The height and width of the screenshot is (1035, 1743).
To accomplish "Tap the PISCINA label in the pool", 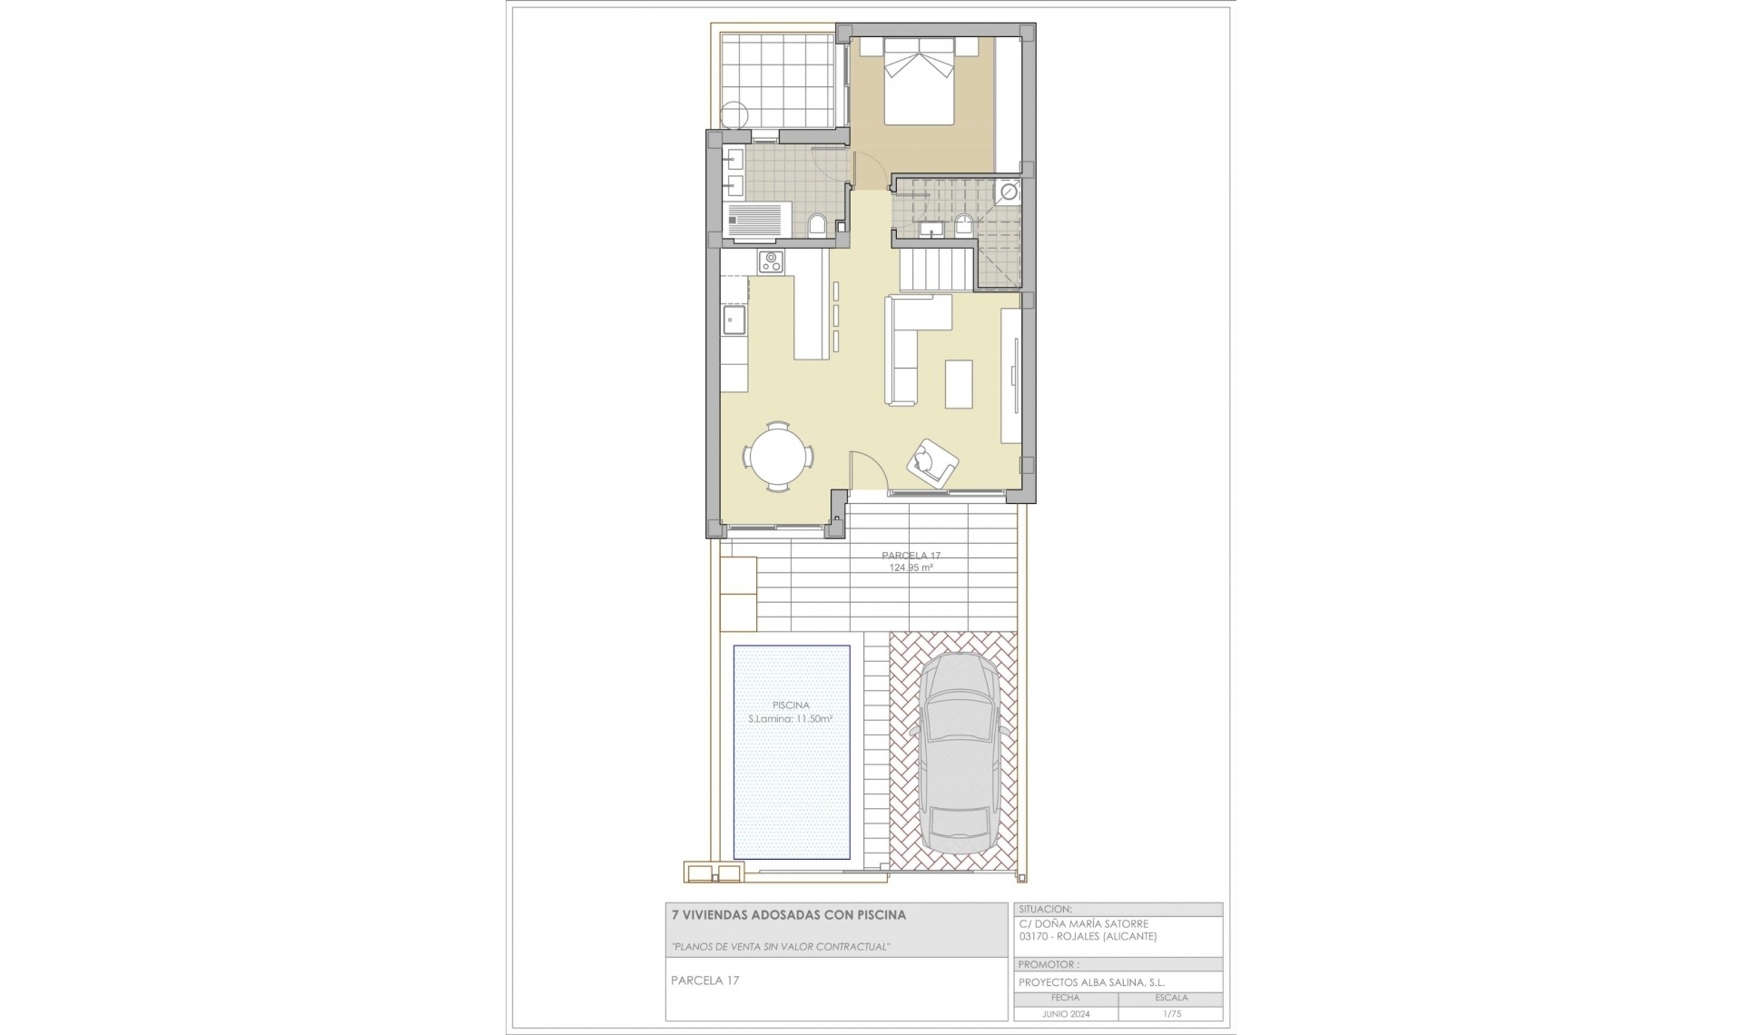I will click(x=791, y=705).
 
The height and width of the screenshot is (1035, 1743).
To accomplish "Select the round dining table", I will click(x=778, y=457).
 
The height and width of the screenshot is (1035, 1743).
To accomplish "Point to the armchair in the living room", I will click(x=932, y=462).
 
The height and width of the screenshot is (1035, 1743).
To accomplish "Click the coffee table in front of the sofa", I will click(x=959, y=384).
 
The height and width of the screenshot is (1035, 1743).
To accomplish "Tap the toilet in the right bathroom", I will click(x=964, y=225).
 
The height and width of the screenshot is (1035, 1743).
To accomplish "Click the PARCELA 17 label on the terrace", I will click(x=911, y=556).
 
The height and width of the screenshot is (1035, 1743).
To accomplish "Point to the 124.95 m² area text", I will click(x=911, y=567).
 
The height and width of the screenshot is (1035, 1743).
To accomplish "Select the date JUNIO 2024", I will click(x=1066, y=1014).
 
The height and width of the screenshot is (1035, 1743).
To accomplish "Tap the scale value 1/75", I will click(x=1171, y=1014).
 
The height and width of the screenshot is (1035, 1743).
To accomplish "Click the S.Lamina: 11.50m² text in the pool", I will click(x=791, y=718).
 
